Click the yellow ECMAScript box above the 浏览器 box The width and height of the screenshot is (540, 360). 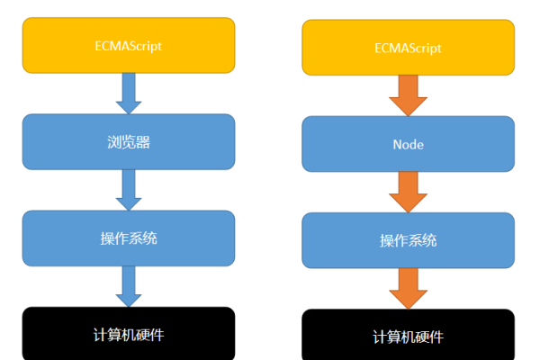tap(129, 44)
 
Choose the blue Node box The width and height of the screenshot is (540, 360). tap(408, 144)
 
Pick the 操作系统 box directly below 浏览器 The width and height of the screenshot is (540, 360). tap(129, 238)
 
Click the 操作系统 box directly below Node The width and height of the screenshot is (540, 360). tap(408, 240)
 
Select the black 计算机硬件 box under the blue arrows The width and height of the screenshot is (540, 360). tap(129, 334)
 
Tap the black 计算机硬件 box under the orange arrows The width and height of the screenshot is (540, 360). tap(408, 336)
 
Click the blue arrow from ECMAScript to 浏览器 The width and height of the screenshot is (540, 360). tap(129, 92)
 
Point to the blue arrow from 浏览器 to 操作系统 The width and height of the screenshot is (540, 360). tap(129, 189)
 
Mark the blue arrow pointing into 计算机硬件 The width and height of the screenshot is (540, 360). tap(129, 286)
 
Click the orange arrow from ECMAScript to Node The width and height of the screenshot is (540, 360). tap(408, 95)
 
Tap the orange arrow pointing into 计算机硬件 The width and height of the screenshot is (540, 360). tap(408, 288)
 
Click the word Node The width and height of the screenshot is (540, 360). tap(408, 144)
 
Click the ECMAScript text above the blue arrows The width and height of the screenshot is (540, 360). tap(129, 44)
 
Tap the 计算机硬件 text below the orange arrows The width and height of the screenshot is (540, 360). tap(408, 337)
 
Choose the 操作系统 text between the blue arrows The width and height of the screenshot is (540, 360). tap(129, 238)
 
